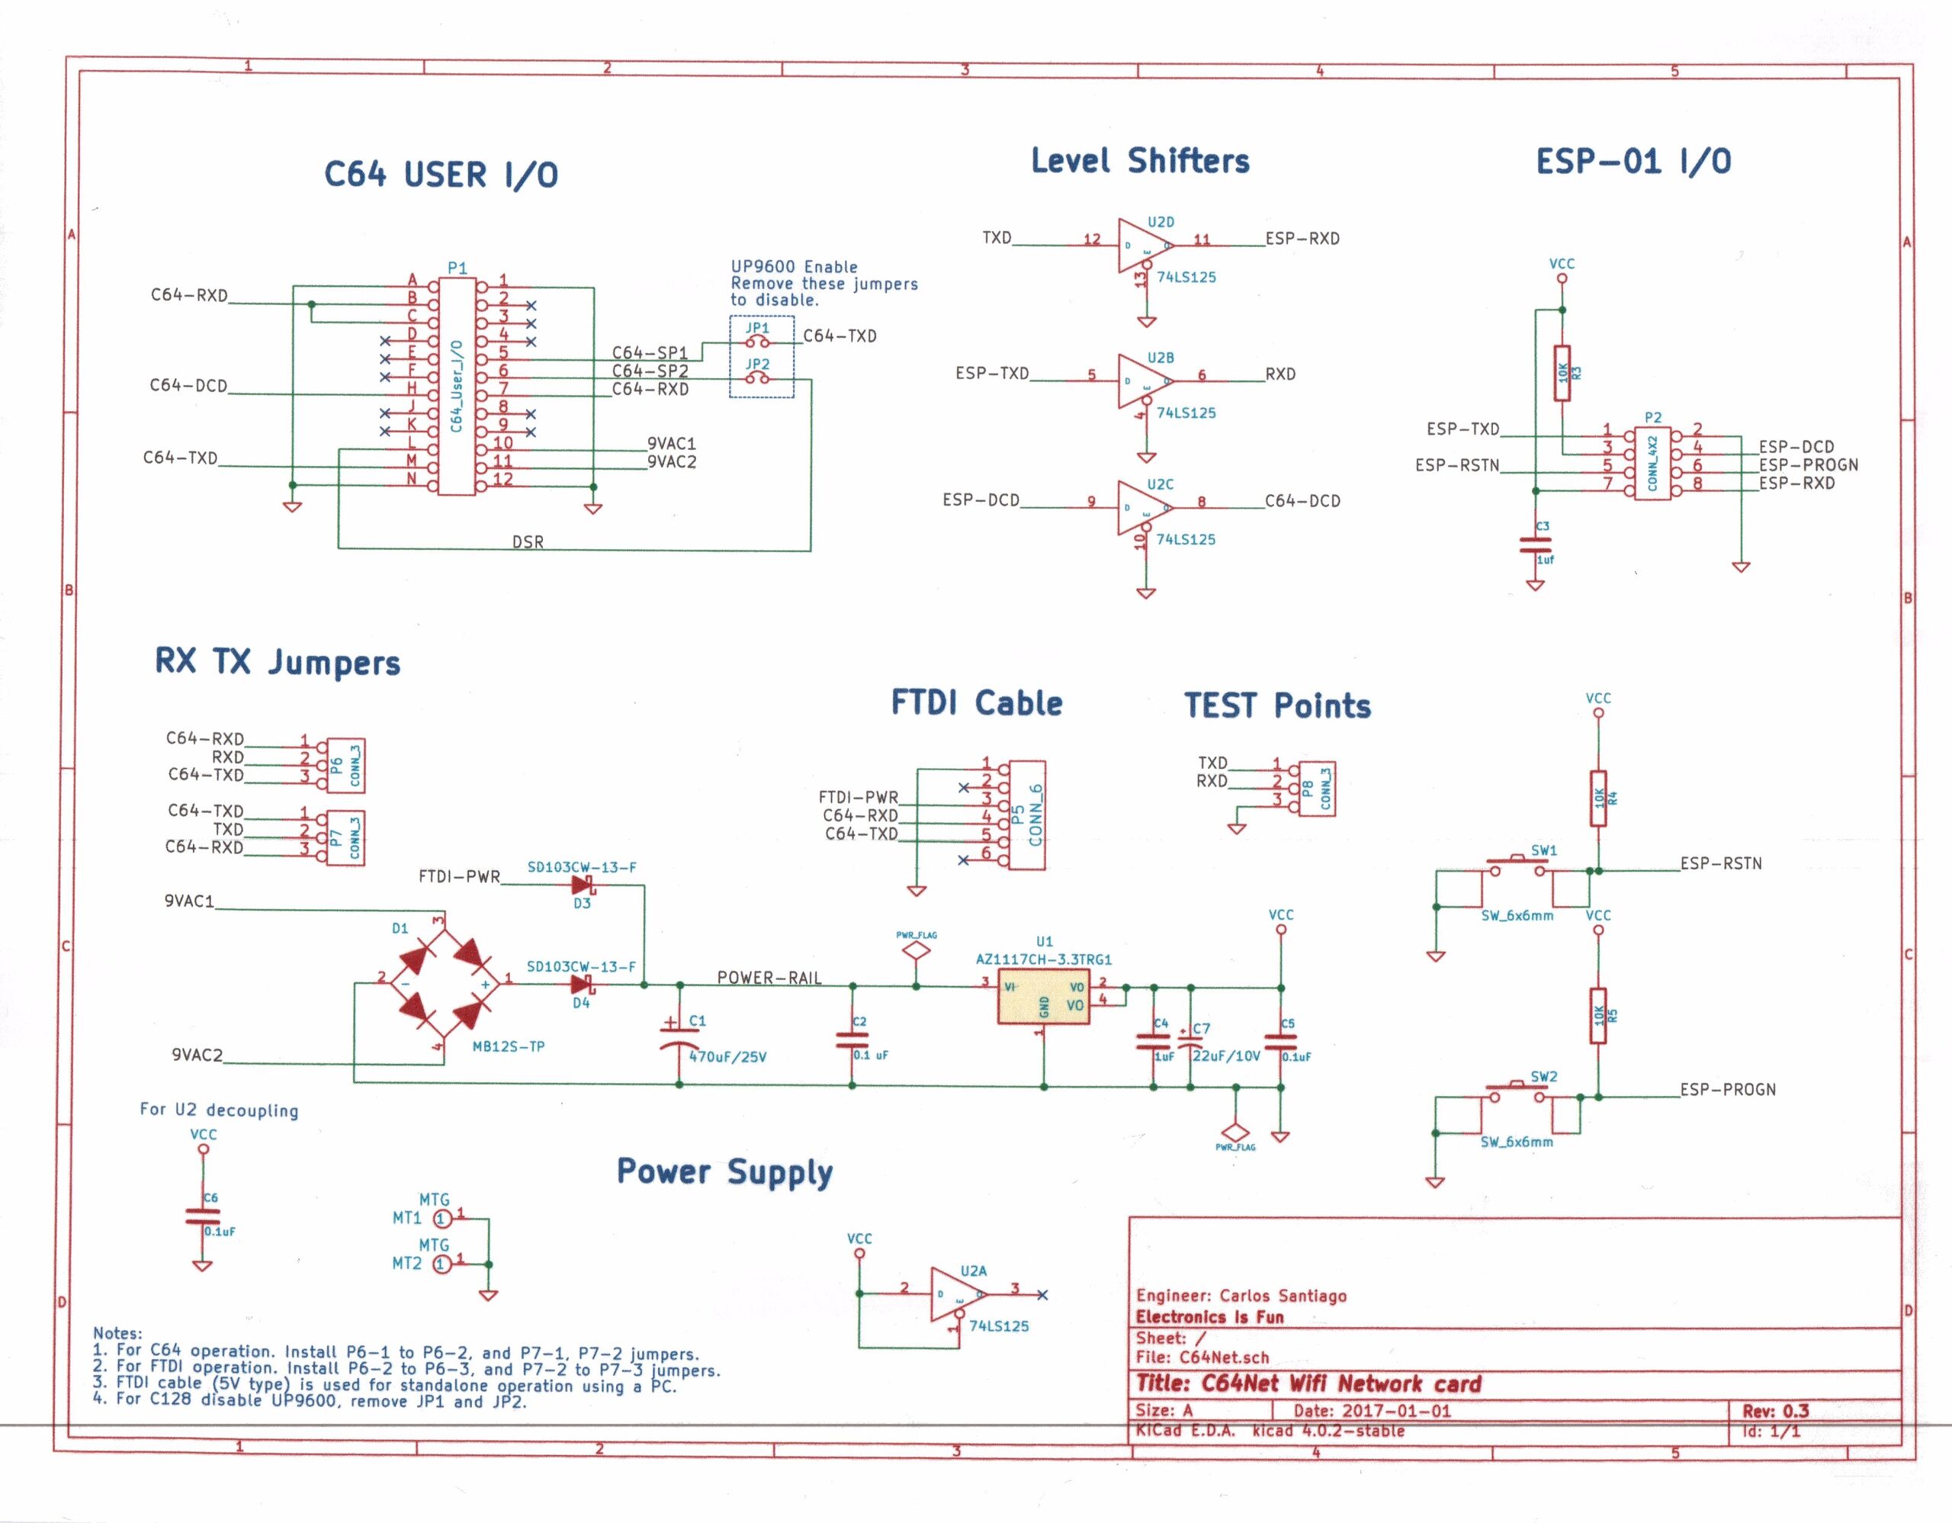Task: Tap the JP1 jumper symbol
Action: [758, 342]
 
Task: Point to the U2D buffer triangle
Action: [1143, 244]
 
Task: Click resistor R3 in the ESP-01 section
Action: [1562, 373]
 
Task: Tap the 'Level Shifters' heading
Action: [1140, 161]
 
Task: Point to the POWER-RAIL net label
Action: [769, 978]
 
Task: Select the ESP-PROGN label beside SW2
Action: [1727, 1090]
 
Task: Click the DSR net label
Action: [528, 541]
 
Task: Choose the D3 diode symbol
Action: [583, 885]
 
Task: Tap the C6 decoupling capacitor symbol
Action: [203, 1216]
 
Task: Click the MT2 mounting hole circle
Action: [441, 1264]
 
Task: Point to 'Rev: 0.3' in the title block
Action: [1775, 1410]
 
